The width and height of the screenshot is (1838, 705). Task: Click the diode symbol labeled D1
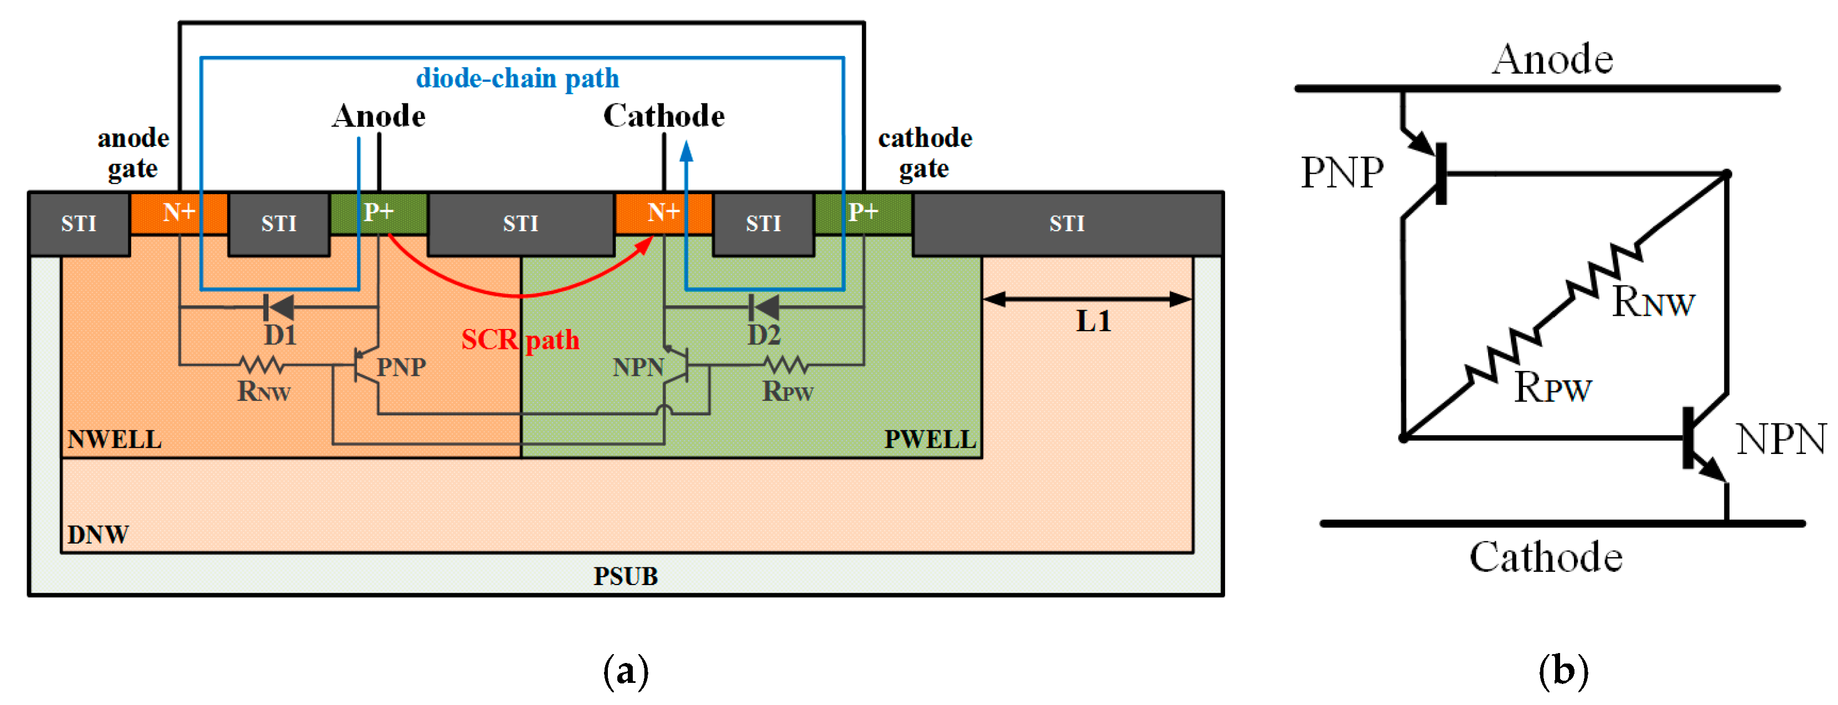(x=278, y=307)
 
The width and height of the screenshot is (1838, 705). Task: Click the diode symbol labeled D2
(x=763, y=307)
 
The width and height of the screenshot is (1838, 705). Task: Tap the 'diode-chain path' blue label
(x=517, y=79)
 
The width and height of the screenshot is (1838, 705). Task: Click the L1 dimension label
(x=1092, y=321)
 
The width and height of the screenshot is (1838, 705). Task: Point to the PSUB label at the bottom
(x=625, y=576)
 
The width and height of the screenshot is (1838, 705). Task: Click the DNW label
(x=98, y=535)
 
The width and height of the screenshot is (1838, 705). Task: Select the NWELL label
(x=114, y=439)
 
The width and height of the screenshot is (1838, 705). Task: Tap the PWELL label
(x=930, y=439)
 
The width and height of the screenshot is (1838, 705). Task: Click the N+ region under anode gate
(x=178, y=213)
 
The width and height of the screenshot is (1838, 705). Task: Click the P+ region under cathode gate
(x=863, y=213)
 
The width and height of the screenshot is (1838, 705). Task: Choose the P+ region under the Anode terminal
(x=378, y=213)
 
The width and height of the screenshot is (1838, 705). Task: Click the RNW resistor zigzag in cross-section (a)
(x=262, y=365)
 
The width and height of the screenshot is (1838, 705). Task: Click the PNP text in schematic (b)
(x=1341, y=173)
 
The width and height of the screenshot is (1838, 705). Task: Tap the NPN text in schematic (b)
(x=1780, y=439)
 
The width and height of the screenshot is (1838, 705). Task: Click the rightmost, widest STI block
(x=1067, y=224)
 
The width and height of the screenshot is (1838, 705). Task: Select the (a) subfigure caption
(x=626, y=671)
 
